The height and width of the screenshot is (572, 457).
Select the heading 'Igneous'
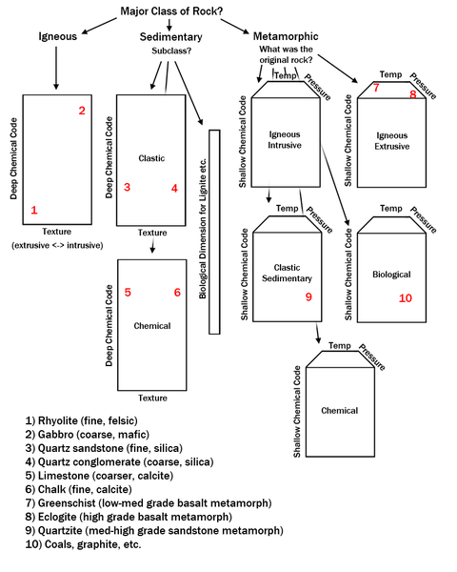[56, 37]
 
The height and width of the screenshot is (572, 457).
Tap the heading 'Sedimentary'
[170, 37]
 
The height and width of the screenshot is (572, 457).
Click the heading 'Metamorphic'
[286, 37]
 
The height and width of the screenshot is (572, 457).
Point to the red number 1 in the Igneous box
[34, 210]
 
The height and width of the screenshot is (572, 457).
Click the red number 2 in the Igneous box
[82, 112]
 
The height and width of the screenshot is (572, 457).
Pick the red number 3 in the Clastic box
[127, 188]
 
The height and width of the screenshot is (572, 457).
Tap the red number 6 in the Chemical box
[177, 293]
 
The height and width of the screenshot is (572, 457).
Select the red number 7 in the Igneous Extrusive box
[376, 88]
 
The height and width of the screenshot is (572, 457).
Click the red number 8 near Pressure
[413, 94]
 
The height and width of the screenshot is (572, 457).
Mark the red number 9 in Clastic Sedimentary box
[308, 297]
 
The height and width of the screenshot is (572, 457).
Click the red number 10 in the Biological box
[406, 298]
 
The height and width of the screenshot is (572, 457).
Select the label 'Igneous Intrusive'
[285, 140]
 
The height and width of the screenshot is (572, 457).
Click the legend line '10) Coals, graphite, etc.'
[84, 544]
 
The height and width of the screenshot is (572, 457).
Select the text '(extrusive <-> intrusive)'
[57, 245]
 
